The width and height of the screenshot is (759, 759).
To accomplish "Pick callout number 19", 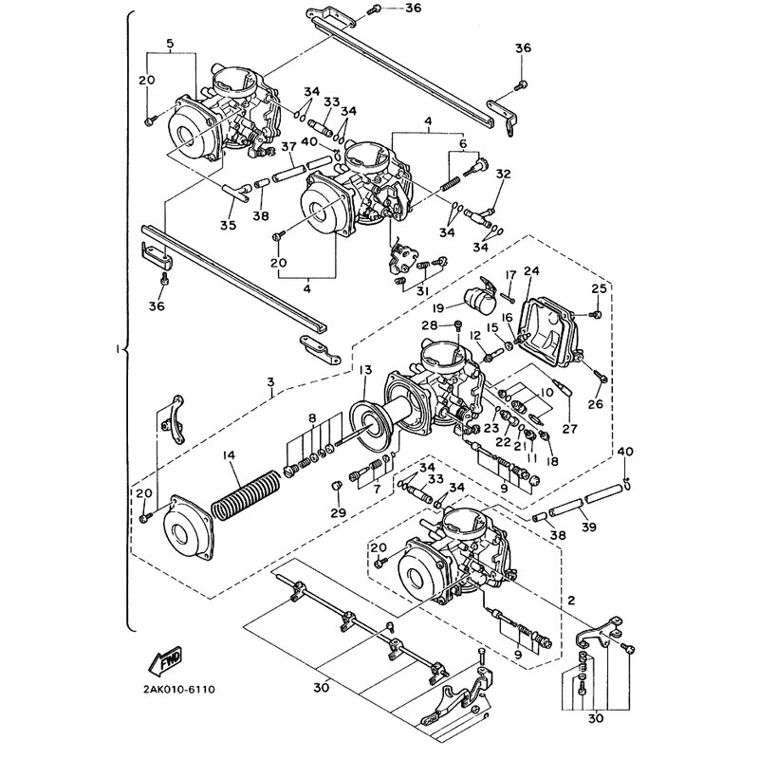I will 439,308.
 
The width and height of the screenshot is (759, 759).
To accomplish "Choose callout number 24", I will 530,270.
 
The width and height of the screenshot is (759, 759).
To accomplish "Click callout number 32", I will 503,174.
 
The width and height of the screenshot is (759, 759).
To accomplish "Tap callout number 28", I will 430,325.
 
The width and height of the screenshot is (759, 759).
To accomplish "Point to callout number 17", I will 509,276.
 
